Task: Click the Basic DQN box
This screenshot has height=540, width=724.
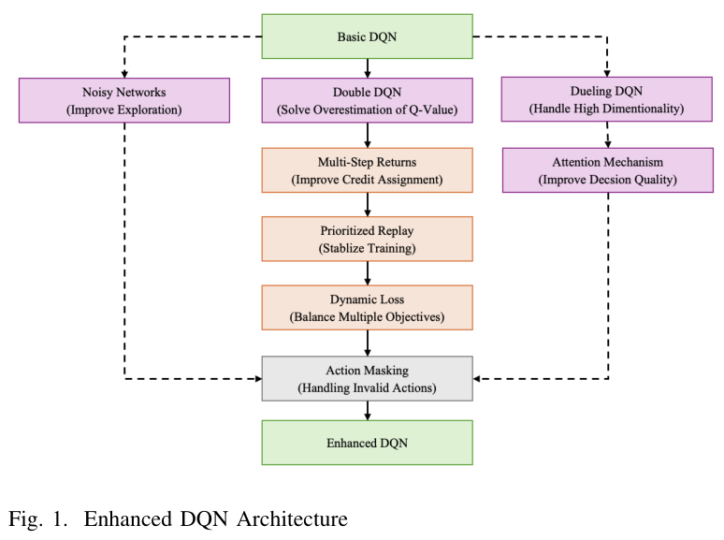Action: point(367,36)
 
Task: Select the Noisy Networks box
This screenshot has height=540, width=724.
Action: point(123,101)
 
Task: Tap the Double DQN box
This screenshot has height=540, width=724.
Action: point(367,101)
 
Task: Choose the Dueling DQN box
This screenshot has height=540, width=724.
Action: point(607,100)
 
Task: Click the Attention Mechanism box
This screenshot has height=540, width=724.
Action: point(607,170)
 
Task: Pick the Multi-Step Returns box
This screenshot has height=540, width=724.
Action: point(367,170)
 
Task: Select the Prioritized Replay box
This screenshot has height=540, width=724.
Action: point(367,239)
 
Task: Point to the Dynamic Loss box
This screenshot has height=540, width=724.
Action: point(367,308)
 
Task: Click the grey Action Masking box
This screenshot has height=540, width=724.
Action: point(367,378)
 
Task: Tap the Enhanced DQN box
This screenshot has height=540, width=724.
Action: point(367,442)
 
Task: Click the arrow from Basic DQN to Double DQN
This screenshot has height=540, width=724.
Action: point(367,68)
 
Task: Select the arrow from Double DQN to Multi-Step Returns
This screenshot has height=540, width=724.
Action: point(367,136)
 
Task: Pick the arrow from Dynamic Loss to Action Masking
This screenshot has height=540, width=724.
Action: point(367,343)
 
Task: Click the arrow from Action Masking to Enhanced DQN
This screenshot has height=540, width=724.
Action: point(367,410)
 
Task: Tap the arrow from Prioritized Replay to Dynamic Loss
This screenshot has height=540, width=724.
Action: point(367,273)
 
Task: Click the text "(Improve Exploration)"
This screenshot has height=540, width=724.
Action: point(123,110)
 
